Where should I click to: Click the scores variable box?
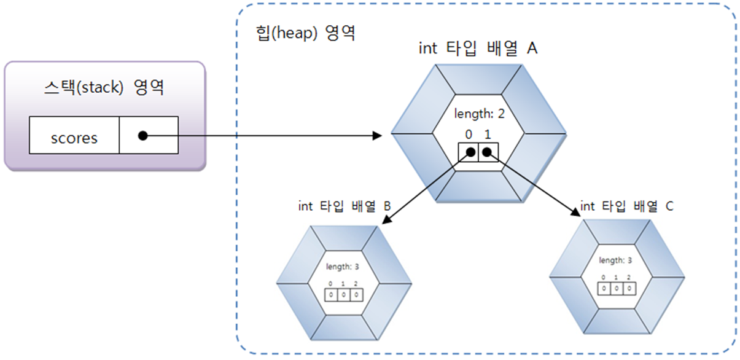point(74,136)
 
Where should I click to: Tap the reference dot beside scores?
point(142,136)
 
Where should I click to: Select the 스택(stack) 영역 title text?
point(104,87)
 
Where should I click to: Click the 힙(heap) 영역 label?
point(305,33)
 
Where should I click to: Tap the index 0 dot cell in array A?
point(469,151)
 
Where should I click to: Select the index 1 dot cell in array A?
point(487,151)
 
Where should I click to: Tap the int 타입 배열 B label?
point(344,206)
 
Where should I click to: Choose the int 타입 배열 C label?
point(626,206)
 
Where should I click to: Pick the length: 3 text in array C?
point(615,260)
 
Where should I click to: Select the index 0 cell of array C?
point(604,288)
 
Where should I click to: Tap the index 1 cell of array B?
point(344,295)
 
